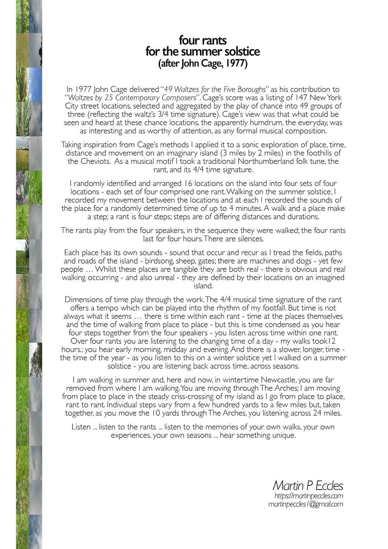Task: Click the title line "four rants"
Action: click(x=203, y=40)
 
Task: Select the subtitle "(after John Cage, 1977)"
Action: click(x=203, y=63)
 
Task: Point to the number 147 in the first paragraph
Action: click(x=302, y=98)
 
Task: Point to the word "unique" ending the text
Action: click(x=283, y=435)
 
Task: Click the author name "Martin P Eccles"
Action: click(x=308, y=485)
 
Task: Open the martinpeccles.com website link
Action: click(x=308, y=496)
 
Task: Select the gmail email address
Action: click(x=305, y=504)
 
